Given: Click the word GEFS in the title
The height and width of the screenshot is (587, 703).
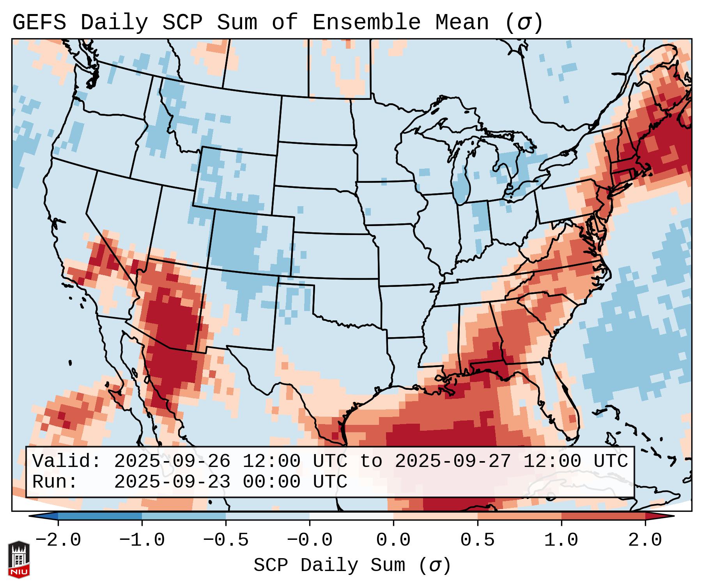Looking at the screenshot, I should click(x=39, y=23).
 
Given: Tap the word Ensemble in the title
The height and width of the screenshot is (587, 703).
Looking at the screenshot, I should click(x=366, y=23).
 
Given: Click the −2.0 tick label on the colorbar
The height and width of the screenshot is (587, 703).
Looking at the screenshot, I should click(x=58, y=540).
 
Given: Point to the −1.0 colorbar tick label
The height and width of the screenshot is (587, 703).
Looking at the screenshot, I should click(x=142, y=540).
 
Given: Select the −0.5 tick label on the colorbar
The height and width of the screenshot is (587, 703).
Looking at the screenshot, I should click(x=225, y=540).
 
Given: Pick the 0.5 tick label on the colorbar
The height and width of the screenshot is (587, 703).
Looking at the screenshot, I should click(x=477, y=540).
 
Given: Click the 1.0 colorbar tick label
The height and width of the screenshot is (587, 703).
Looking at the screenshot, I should click(x=561, y=540).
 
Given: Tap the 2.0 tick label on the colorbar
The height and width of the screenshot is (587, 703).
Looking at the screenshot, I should click(x=645, y=540).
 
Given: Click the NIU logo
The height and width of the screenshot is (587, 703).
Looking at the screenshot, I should click(x=19, y=559).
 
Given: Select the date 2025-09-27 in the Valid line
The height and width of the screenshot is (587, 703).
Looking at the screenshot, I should click(x=453, y=461).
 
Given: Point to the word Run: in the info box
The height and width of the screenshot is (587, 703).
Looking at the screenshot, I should click(x=55, y=482).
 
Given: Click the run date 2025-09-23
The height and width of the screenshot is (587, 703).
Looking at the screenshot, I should click(x=172, y=482).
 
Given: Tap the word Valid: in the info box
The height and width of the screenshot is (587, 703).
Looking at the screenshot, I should click(x=67, y=461).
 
